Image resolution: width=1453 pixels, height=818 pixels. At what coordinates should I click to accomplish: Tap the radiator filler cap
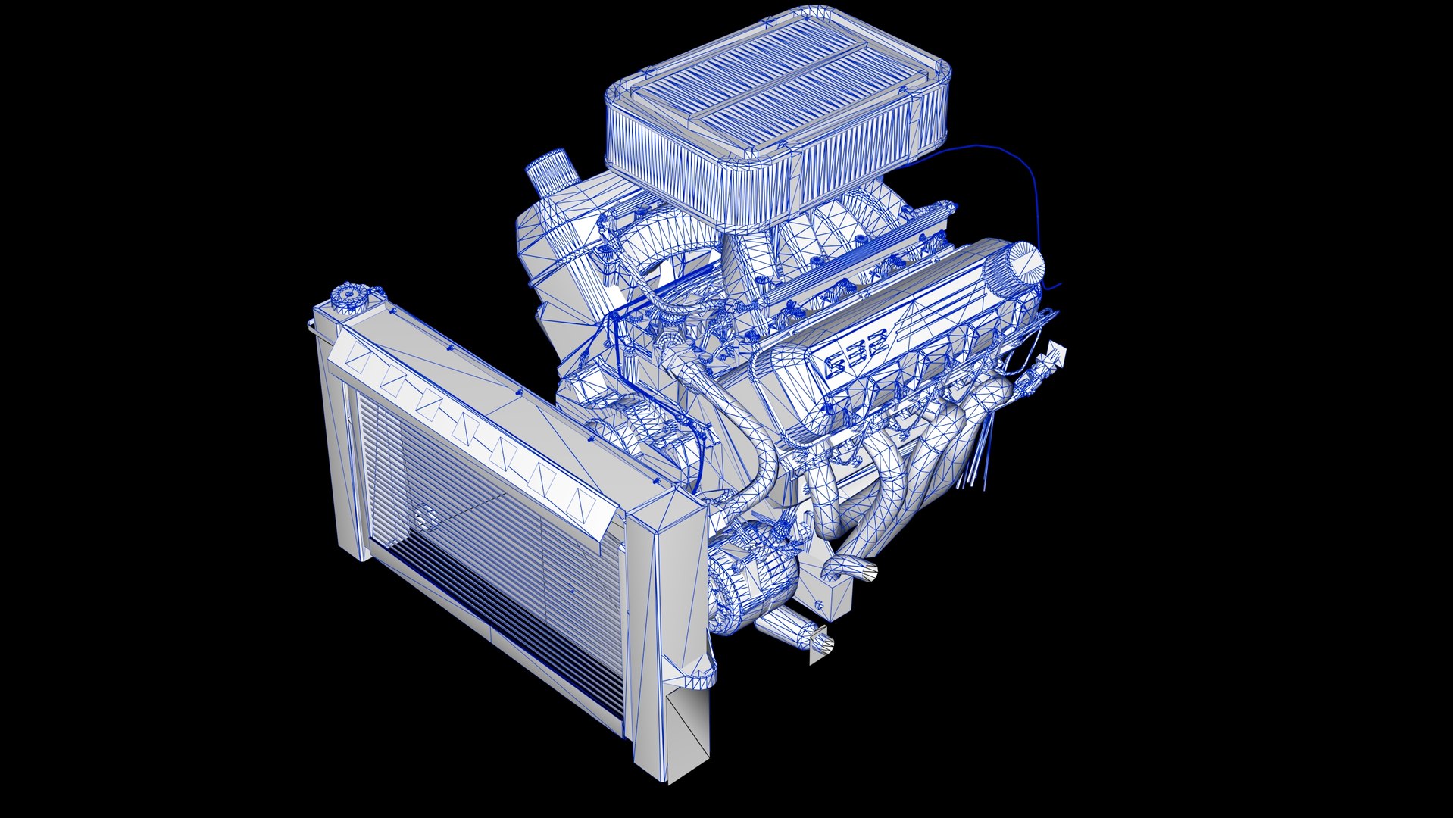[x=348, y=294]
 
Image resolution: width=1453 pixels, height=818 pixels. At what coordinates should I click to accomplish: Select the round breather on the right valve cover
[x=1023, y=264]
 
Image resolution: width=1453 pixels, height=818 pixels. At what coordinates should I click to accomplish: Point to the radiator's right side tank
[x=667, y=621]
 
